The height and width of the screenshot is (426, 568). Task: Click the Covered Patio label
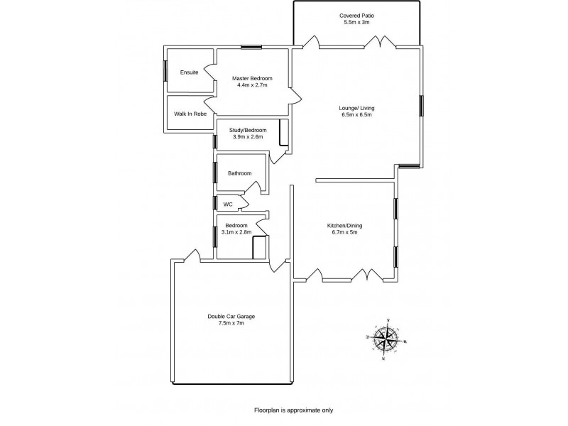(358, 15)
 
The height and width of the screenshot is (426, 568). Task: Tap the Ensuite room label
(189, 72)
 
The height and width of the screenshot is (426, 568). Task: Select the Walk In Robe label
(190, 113)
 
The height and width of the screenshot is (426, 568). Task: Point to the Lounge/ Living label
(356, 108)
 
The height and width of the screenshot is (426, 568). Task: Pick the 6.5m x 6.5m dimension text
(356, 115)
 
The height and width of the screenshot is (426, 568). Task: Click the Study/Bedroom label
(248, 130)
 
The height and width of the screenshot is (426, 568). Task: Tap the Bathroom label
(240, 173)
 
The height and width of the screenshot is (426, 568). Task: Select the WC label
(228, 204)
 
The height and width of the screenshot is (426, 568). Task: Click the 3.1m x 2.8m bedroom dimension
(236, 232)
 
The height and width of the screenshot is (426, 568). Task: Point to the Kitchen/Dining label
(345, 225)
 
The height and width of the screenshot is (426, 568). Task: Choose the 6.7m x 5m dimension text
(345, 232)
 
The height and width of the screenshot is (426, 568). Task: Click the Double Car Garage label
(231, 316)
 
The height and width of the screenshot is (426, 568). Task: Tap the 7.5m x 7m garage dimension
(231, 323)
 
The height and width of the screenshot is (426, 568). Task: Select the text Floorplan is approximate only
(293, 410)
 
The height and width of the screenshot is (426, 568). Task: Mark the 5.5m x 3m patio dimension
(358, 22)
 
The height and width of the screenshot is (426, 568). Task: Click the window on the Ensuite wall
(165, 71)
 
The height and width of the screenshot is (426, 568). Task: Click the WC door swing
(243, 204)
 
